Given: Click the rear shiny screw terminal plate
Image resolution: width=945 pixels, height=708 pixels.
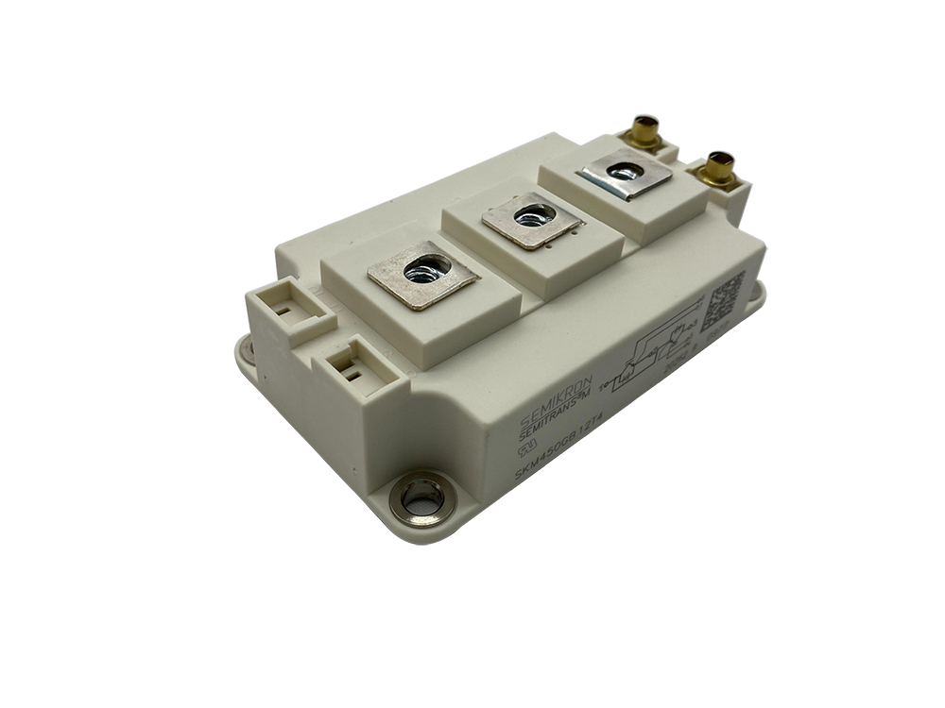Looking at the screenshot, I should pyautogui.click(x=624, y=174).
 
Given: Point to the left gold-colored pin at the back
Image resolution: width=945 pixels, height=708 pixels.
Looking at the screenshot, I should pyautogui.click(x=645, y=131).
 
